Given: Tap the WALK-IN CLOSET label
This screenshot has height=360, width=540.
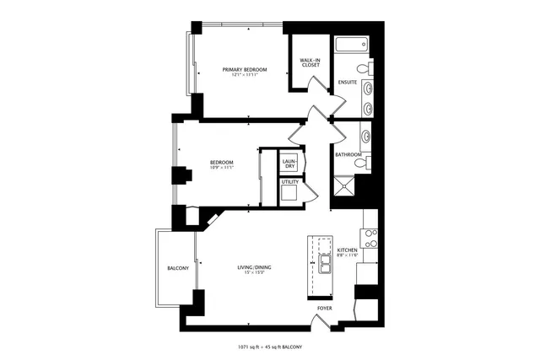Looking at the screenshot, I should (309, 63).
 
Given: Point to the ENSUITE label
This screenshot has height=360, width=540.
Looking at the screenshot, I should (347, 82).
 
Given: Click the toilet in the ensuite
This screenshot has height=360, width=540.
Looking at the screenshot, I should (361, 68).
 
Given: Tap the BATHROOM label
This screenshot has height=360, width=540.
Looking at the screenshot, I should (348, 154).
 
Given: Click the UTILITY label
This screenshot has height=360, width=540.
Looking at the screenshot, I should (289, 181).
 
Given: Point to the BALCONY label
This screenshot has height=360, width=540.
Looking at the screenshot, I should (177, 268).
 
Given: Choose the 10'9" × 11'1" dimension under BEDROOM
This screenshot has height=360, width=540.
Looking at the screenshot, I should (222, 168).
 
